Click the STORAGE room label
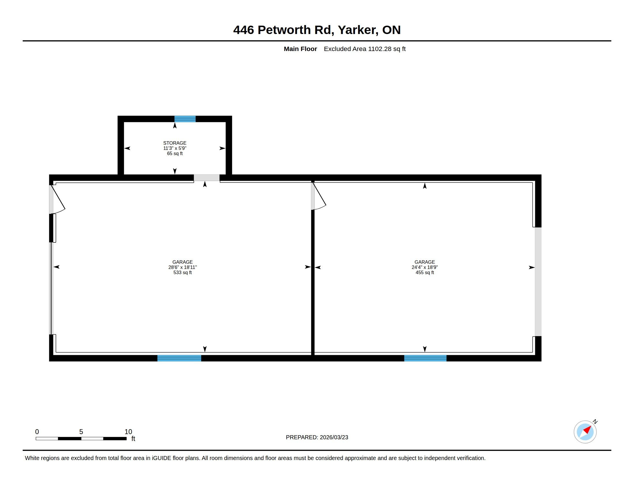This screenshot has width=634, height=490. pyautogui.click(x=175, y=143)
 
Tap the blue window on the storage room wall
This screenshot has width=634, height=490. pyautogui.click(x=185, y=119)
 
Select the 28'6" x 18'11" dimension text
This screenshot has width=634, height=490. pyautogui.click(x=183, y=267)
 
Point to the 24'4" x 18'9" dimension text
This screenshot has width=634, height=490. pyautogui.click(x=425, y=267)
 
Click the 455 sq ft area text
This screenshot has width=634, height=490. pyautogui.click(x=425, y=273)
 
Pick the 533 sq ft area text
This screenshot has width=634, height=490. pyautogui.click(x=183, y=273)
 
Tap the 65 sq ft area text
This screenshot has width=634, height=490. pyautogui.click(x=175, y=154)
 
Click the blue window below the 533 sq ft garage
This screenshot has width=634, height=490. pyautogui.click(x=179, y=358)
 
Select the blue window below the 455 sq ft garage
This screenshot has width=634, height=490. pyautogui.click(x=425, y=358)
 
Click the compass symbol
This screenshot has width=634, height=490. pyautogui.click(x=585, y=432)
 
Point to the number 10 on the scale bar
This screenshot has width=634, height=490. pyautogui.click(x=128, y=432)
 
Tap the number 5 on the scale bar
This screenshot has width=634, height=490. pyautogui.click(x=81, y=432)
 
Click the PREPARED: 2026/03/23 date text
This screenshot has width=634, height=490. pyautogui.click(x=317, y=437)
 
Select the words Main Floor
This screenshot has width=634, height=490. pyautogui.click(x=301, y=49)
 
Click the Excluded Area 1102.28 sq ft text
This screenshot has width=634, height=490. pyautogui.click(x=365, y=49)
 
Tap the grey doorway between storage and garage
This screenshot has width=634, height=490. pyautogui.click(x=207, y=178)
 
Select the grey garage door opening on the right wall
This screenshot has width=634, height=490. pyautogui.click(x=538, y=282)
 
